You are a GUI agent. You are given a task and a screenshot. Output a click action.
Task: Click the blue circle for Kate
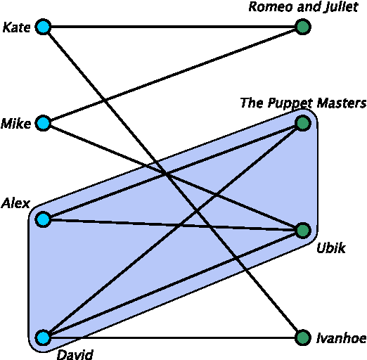pos(43,28)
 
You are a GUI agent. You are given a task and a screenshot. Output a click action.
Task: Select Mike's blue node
pos(43,124)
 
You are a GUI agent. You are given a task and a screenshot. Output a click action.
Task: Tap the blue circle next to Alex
pos(43,219)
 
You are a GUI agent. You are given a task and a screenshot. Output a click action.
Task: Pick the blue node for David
pos(43,338)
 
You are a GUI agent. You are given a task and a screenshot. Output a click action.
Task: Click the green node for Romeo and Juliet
pos(303,28)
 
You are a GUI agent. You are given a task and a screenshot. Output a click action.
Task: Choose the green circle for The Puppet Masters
pos(303,124)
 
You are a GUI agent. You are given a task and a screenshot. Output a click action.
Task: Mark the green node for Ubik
pos(303,231)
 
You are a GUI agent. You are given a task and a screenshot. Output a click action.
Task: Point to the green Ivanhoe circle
pos(303,338)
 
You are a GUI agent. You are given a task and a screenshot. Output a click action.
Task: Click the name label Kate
pos(16,28)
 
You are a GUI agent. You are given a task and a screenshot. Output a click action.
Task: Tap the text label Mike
pos(15,124)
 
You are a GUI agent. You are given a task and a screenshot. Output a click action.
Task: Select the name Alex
pos(15,204)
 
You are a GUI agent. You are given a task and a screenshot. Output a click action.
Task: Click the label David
pos(75,354)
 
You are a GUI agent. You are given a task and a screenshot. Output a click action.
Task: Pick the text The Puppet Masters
pos(303,103)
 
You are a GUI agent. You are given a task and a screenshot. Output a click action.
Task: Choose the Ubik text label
pos(330,248)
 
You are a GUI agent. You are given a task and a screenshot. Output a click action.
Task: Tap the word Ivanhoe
pos(341,339)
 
